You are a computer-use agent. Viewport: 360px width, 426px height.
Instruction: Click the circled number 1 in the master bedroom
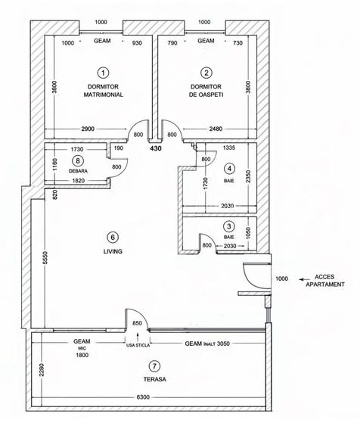[103, 73]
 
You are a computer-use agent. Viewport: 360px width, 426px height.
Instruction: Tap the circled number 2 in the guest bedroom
[206, 73]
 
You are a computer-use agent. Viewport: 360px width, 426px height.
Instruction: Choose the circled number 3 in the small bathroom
[229, 225]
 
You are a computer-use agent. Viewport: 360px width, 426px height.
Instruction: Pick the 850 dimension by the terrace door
[137, 325]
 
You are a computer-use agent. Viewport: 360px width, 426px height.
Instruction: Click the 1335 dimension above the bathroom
[231, 149]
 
